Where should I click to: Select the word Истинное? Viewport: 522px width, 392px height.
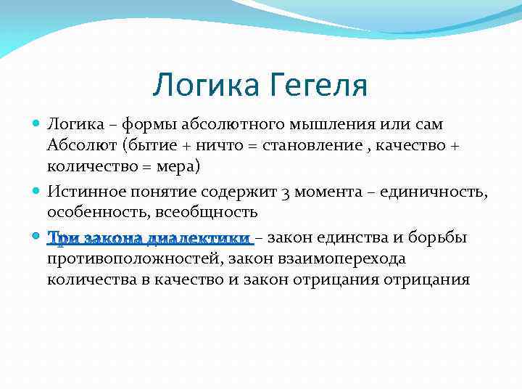tap(80, 192)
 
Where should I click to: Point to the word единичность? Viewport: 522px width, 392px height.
tap(438, 192)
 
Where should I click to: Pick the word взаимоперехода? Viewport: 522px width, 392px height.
tap(345, 258)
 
